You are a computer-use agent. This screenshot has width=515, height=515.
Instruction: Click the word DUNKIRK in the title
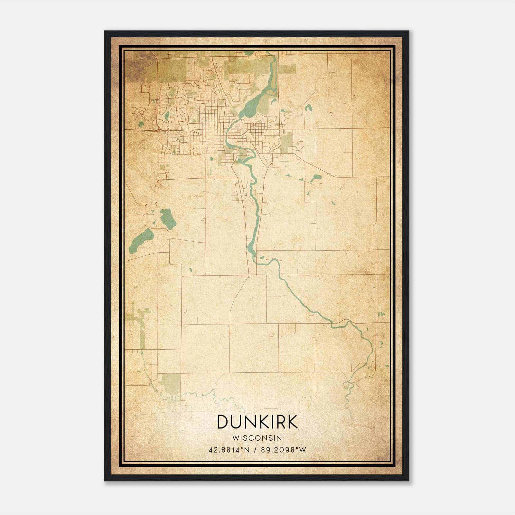point(257,422)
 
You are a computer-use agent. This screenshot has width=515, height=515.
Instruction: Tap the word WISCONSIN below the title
point(257,438)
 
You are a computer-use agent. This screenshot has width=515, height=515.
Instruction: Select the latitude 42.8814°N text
point(229,450)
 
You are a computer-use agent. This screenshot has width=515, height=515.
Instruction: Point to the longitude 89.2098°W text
point(284,450)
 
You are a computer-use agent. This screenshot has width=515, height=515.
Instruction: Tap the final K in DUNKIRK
point(292,422)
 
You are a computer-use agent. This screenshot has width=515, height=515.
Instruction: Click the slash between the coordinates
point(255,450)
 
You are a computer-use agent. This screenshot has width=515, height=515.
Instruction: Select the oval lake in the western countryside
point(168,219)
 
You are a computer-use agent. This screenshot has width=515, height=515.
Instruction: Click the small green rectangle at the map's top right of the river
point(287,69)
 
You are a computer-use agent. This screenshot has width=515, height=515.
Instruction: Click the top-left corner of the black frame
point(105,31)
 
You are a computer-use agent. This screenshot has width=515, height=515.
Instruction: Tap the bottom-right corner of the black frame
point(409,481)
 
